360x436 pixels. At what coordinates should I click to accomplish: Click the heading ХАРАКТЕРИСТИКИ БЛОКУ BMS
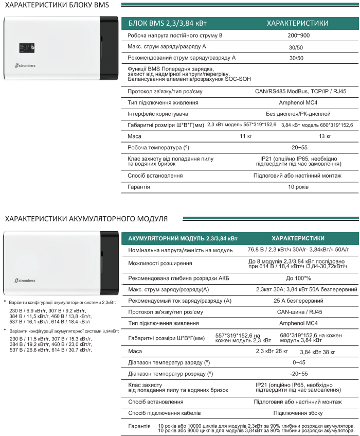[57, 6]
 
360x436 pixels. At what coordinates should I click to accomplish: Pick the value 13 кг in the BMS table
[325, 136]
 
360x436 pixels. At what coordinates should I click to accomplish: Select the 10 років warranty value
[298, 186]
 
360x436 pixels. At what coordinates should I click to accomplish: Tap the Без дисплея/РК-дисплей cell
[298, 113]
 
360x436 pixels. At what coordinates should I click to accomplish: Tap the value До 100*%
[298, 278]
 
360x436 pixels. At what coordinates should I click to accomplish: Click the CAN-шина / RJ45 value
[298, 311]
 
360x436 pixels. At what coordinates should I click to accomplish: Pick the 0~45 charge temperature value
[298, 362]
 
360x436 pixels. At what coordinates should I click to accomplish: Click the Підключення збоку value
[298, 413]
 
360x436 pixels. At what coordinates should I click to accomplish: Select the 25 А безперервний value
[298, 300]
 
